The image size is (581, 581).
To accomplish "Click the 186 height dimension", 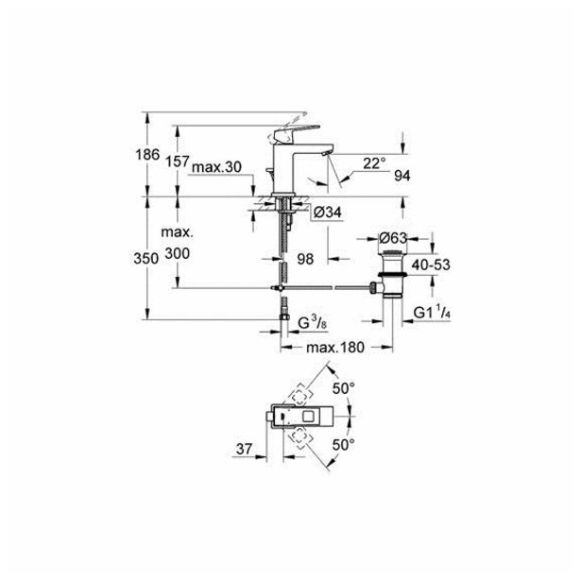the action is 147,154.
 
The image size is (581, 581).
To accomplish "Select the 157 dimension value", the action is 177,162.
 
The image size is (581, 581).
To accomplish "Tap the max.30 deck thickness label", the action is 216,167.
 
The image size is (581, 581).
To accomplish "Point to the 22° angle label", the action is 374,163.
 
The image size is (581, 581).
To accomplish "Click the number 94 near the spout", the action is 402,176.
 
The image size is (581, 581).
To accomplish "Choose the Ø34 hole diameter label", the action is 327,213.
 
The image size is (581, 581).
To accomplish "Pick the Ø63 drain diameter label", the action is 393,238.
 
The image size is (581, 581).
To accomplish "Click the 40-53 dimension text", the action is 431,265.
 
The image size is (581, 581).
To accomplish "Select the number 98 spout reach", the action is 305,259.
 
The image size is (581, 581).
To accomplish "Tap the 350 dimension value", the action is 146,258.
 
